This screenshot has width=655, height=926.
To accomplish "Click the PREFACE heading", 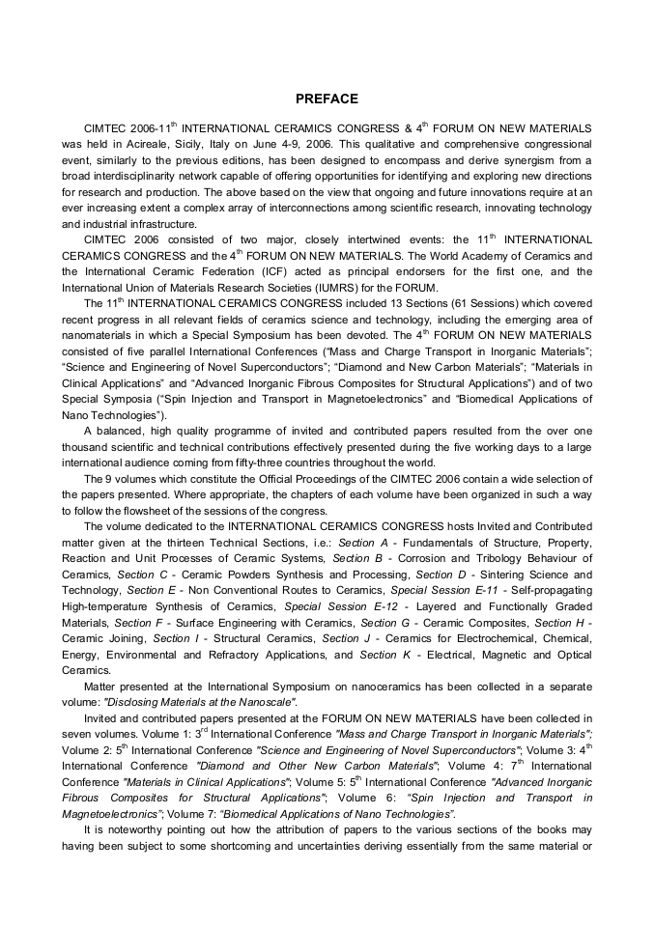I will pos(327,98).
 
